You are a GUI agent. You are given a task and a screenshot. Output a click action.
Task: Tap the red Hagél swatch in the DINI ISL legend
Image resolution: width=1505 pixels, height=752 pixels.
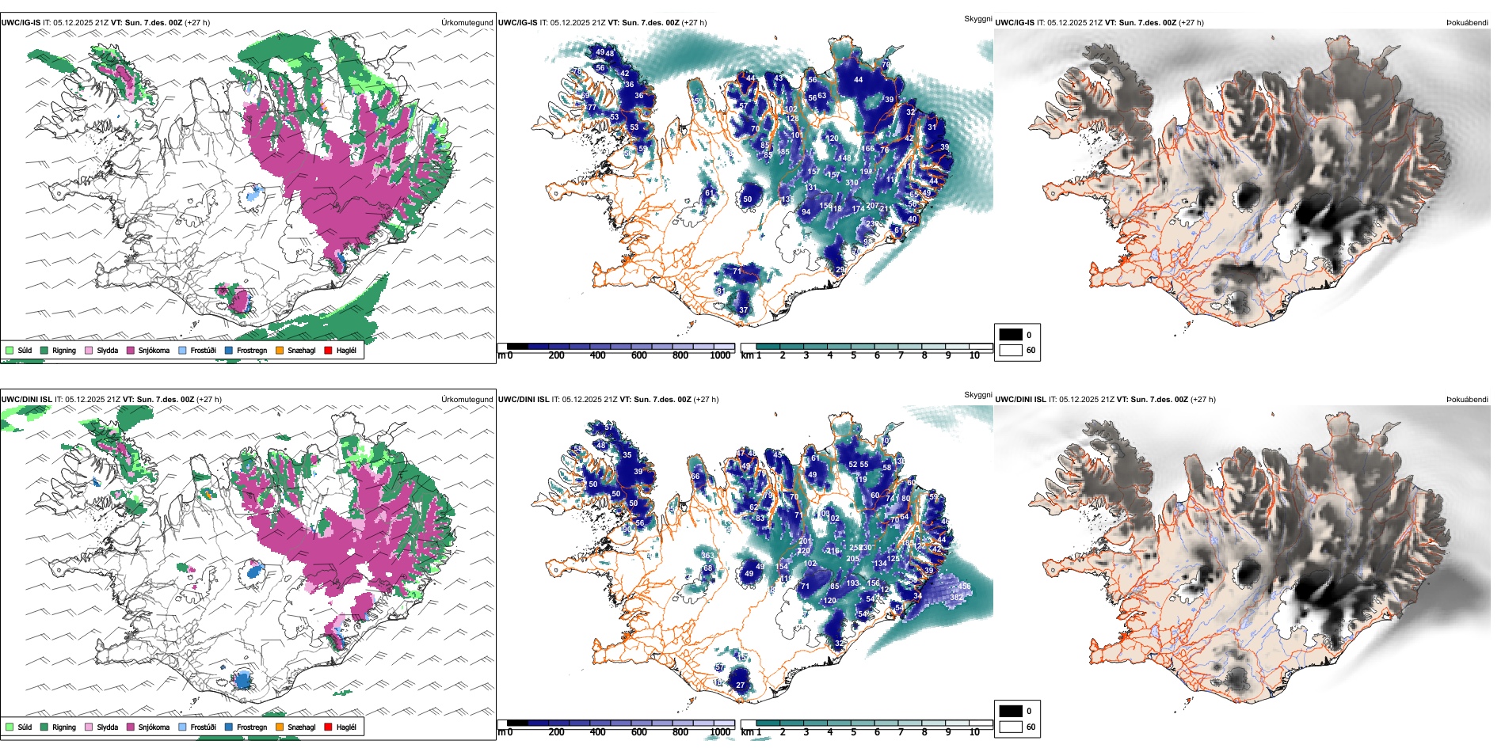(x=328, y=727)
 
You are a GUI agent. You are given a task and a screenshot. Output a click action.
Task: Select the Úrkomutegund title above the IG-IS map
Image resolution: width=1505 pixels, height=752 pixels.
(x=467, y=22)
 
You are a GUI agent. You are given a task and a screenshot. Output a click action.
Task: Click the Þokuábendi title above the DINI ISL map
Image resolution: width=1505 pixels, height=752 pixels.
(x=1467, y=399)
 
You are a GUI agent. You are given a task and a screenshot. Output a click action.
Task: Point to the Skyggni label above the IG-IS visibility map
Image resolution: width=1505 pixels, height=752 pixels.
(x=977, y=18)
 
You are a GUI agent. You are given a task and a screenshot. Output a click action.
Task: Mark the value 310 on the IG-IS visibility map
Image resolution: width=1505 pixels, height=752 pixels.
(x=852, y=183)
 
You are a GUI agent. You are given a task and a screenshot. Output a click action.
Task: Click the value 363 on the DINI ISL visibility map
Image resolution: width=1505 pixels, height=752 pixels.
(x=707, y=556)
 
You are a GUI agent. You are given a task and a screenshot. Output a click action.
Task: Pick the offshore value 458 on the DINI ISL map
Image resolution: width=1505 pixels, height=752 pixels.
(x=964, y=587)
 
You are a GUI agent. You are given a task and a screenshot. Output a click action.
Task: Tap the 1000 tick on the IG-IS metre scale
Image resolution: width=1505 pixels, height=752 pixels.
(x=720, y=355)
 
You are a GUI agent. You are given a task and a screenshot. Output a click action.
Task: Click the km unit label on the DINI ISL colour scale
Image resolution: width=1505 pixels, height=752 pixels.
(x=747, y=732)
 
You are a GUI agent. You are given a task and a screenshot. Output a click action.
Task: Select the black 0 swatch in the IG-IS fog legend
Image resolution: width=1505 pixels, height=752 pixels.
(x=1011, y=335)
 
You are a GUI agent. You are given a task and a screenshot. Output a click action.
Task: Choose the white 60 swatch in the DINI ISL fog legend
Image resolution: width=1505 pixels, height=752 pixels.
(x=1011, y=727)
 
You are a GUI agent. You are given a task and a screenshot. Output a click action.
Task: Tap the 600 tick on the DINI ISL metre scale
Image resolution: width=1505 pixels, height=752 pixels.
(x=639, y=732)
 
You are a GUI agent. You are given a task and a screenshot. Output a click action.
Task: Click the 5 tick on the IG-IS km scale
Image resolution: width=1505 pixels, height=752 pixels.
(x=854, y=355)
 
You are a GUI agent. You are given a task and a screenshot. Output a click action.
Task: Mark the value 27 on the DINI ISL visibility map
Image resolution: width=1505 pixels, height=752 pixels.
(x=741, y=686)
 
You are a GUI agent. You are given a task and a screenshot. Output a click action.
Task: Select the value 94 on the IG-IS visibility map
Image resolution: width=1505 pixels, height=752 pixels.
(x=806, y=212)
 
